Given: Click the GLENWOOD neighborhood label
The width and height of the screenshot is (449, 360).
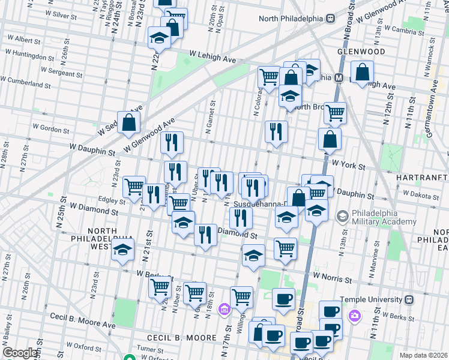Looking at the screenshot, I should (361, 52).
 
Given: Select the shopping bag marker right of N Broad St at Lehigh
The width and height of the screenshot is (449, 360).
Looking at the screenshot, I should (363, 72).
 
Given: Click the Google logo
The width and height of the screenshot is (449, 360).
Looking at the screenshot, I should (19, 353).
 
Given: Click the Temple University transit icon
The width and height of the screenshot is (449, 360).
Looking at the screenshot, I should (409, 299).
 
